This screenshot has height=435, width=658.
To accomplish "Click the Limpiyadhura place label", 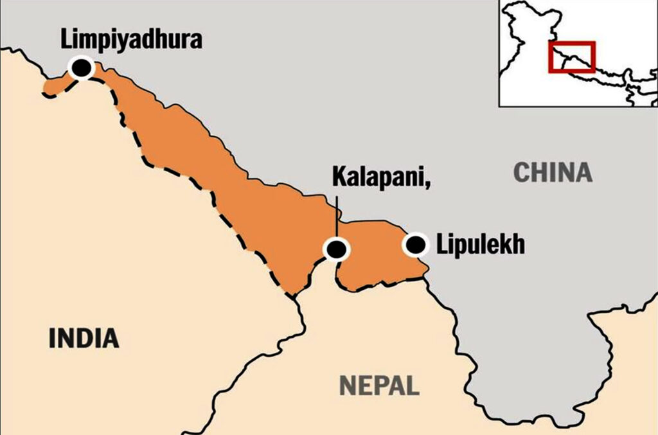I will coord(131,39).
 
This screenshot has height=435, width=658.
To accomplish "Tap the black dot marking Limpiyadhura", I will coord(81,67).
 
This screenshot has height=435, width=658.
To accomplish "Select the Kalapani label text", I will coord(379,176).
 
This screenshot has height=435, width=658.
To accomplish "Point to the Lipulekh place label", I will coord(481,245).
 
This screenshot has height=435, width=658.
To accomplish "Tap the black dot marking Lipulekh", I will coord(416,244).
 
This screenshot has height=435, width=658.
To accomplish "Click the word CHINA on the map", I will coord(552,172).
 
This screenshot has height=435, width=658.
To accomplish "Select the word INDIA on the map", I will coord(84,337).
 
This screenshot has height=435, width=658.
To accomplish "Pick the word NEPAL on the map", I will coord(379,385).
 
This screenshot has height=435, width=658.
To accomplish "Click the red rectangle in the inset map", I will coord(571,57).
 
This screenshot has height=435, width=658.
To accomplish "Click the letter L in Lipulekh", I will coord(441,245).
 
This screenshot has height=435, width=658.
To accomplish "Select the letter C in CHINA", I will coord(520,172).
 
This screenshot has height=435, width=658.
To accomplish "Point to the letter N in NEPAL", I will coord(346,385).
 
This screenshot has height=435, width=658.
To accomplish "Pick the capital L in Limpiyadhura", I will coord(66,39).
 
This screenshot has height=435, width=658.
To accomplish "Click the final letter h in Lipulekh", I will coord(519,245).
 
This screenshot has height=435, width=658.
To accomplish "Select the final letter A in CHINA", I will coord(583,172).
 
